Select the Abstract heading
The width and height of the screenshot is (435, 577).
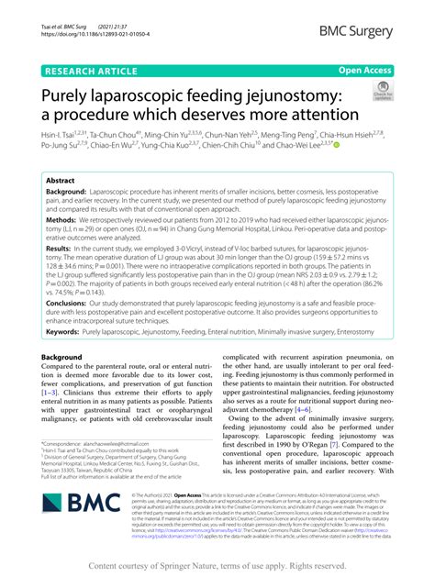(x=61, y=182)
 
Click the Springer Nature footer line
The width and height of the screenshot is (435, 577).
(x=217, y=565)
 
